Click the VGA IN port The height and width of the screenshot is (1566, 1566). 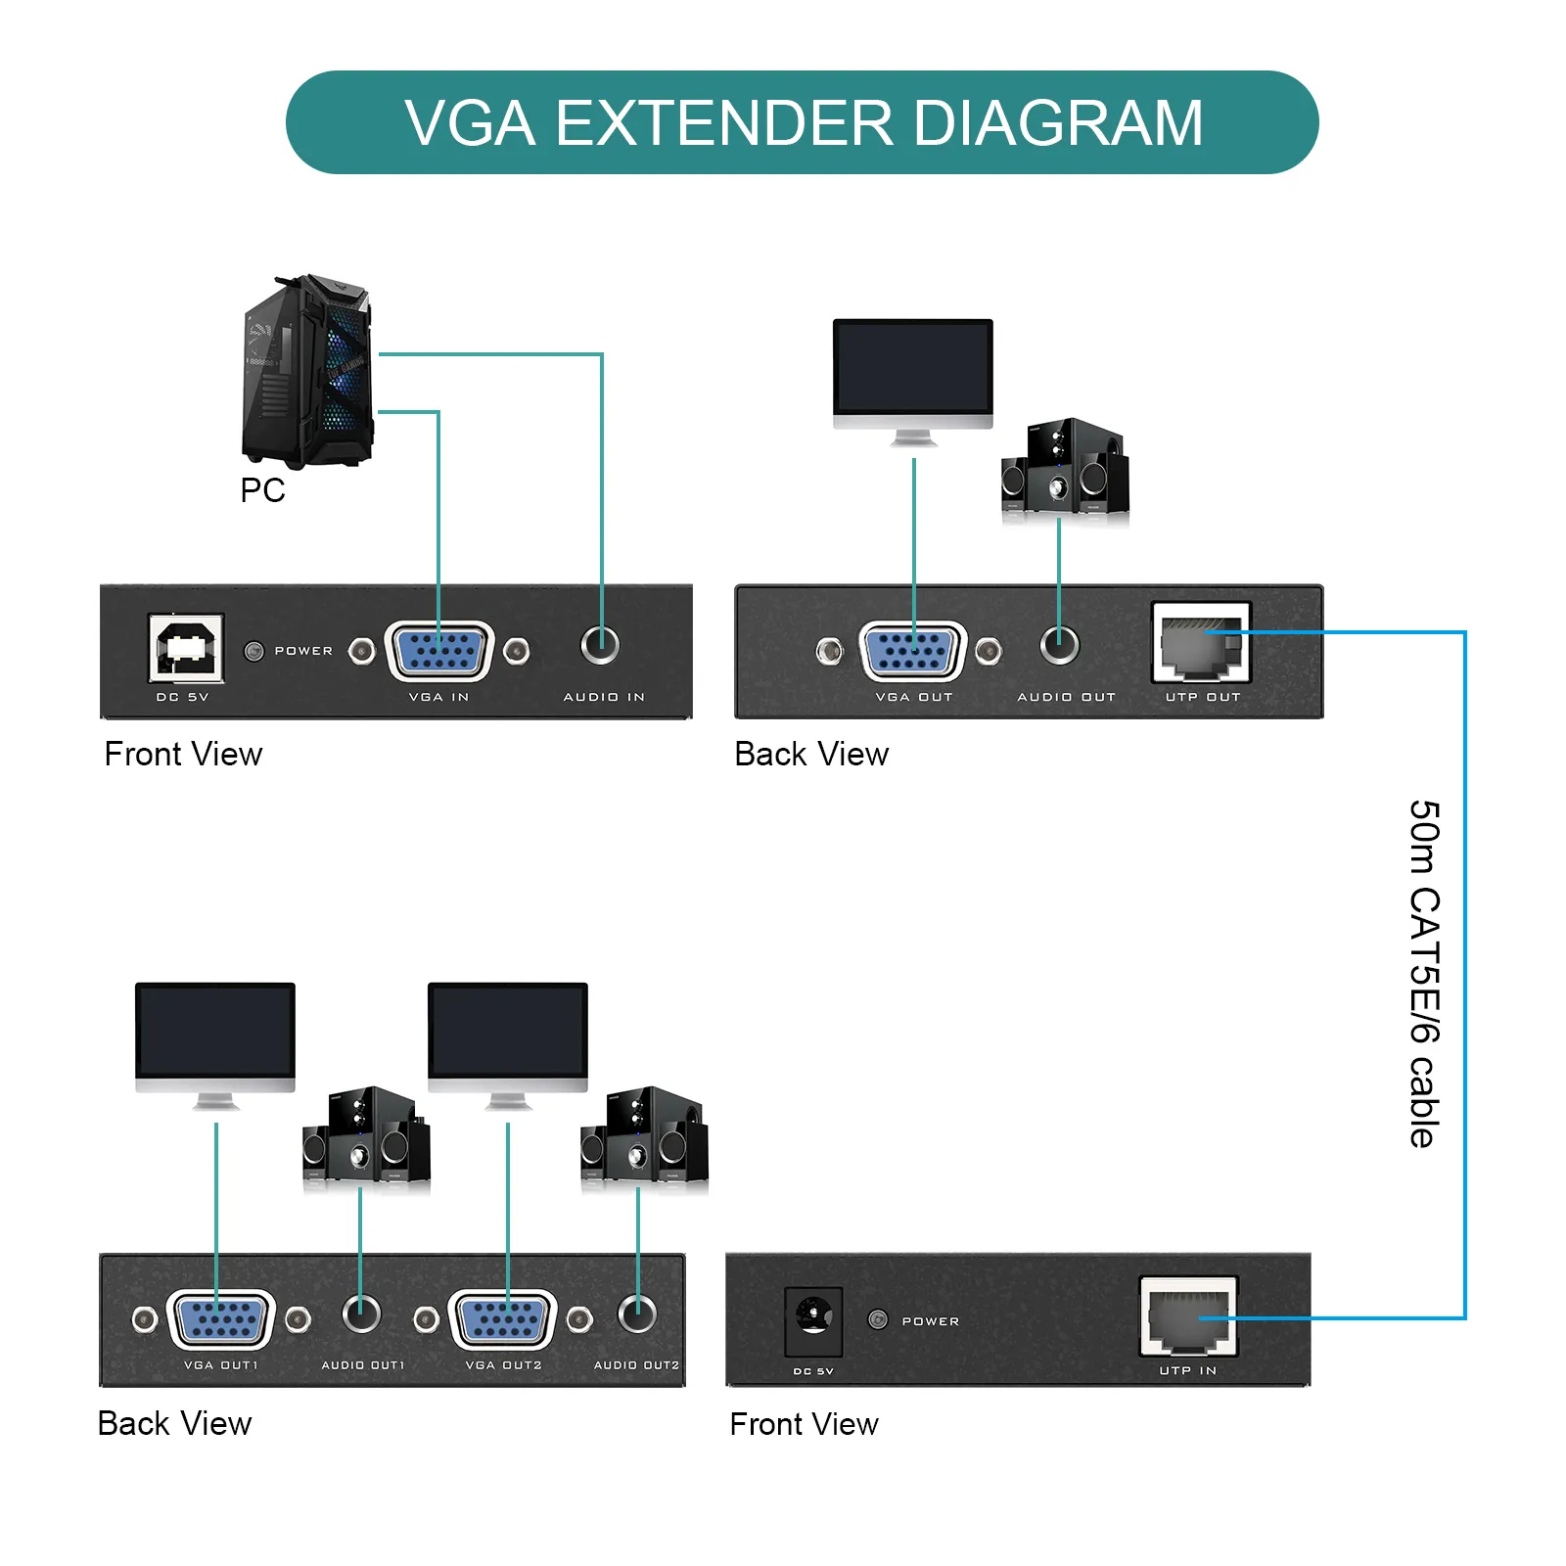pos(439,650)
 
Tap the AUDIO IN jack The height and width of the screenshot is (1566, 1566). pos(600,644)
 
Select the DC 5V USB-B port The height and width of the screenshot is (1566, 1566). pos(186,648)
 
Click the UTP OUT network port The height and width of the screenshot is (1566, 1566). pos(1201,643)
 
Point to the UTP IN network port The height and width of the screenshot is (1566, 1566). pos(1188,1316)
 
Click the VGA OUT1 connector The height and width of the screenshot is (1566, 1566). pos(221,1318)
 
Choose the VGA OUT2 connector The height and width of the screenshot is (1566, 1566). pos(503,1318)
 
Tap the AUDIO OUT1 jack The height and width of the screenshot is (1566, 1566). pos(361,1313)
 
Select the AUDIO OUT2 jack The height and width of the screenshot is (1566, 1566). pos(637,1313)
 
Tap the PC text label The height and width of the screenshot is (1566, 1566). pos(262,490)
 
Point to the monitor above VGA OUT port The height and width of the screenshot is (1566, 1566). pos(912,377)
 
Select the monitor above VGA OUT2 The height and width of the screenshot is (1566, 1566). pos(508,1040)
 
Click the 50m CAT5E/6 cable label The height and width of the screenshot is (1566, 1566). pos(1424,973)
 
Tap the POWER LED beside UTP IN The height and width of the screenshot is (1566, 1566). pos(878,1319)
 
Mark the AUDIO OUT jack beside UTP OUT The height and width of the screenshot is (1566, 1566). pos(1059,644)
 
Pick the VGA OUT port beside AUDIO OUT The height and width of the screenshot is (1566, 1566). pos(912,650)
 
